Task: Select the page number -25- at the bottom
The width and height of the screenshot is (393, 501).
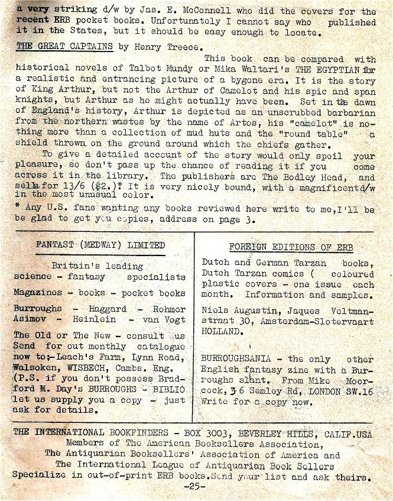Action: tap(193, 486)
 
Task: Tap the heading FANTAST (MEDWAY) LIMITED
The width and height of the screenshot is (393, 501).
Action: tap(100, 245)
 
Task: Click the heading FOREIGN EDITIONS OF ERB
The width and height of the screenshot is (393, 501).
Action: tap(288, 247)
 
